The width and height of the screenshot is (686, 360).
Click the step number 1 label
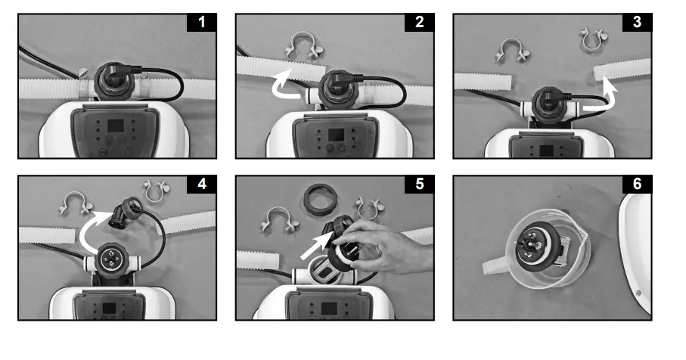point(202,22)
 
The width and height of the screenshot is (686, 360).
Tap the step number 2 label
point(420,22)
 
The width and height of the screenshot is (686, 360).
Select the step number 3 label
point(637,22)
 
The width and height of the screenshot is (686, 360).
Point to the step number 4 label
point(202,184)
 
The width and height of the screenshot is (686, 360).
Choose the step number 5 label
point(420,184)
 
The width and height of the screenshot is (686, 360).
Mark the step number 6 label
point(637,184)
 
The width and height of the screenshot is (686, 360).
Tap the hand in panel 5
point(385,246)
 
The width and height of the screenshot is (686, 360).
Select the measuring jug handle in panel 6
point(494,265)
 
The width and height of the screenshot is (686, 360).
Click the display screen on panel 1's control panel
point(116,126)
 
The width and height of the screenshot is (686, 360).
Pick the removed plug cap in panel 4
point(126,213)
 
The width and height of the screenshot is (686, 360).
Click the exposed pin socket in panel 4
point(108,259)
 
